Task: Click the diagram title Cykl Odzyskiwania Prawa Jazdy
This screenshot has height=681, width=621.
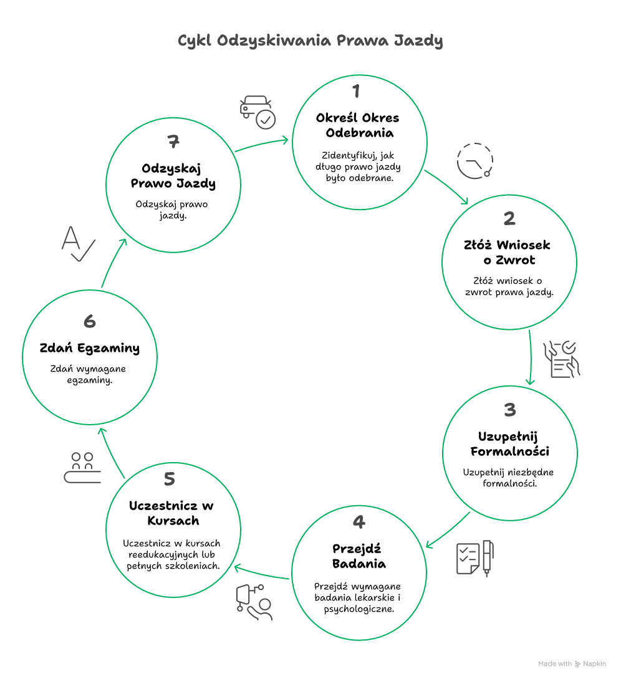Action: click(x=310, y=41)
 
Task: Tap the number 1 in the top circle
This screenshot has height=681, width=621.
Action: click(x=356, y=92)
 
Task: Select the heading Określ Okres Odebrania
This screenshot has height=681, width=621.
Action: click(x=357, y=125)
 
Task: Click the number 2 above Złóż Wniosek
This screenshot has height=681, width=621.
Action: click(x=509, y=218)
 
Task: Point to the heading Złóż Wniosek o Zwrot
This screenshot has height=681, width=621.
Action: click(x=507, y=252)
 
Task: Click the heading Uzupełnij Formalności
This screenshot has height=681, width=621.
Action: click(x=509, y=443)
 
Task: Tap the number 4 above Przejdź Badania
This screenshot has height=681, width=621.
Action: click(x=359, y=523)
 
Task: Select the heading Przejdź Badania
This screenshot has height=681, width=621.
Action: click(x=359, y=556)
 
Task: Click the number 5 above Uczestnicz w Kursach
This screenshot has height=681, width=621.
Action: click(x=169, y=479)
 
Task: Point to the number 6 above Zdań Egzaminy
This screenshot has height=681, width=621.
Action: click(x=89, y=322)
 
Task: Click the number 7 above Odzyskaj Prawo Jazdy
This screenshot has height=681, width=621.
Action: click(x=173, y=142)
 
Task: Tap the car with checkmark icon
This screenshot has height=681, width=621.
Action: click(x=258, y=112)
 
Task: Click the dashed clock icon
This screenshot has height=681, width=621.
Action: click(x=475, y=161)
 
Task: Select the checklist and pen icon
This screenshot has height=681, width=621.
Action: click(x=475, y=557)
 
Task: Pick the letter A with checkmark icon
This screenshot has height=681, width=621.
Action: click(x=77, y=244)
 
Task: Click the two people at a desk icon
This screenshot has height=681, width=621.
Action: click(x=82, y=468)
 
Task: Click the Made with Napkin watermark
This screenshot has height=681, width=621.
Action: click(x=572, y=664)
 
